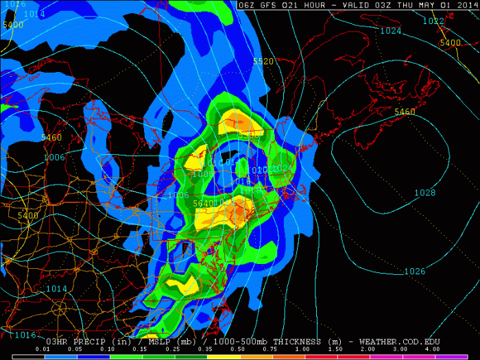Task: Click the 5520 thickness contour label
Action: point(263,62)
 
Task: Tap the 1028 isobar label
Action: point(424,193)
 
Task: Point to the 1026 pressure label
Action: point(414,272)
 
